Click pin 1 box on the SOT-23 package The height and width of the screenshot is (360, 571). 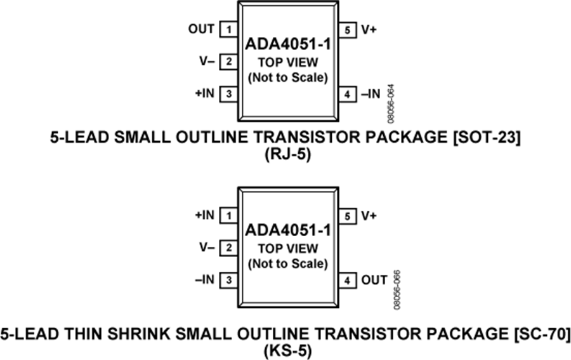[228, 29]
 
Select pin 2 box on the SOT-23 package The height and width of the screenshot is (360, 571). [228, 62]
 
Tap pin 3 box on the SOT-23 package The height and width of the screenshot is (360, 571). [228, 95]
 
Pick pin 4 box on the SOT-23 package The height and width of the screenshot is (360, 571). [348, 95]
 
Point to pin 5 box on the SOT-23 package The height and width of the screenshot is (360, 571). [348, 29]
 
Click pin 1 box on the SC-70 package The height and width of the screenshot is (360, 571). [228, 216]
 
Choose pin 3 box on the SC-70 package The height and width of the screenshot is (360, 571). [228, 280]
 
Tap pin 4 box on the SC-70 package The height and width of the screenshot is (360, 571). [348, 280]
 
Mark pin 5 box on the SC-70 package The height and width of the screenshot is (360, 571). [348, 216]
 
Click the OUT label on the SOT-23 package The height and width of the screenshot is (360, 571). [202, 29]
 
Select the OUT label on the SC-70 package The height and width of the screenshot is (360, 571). [374, 280]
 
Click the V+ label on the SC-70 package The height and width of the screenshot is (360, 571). [369, 216]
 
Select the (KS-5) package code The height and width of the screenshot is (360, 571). [285, 349]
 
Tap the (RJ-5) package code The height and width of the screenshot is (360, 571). [285, 154]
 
